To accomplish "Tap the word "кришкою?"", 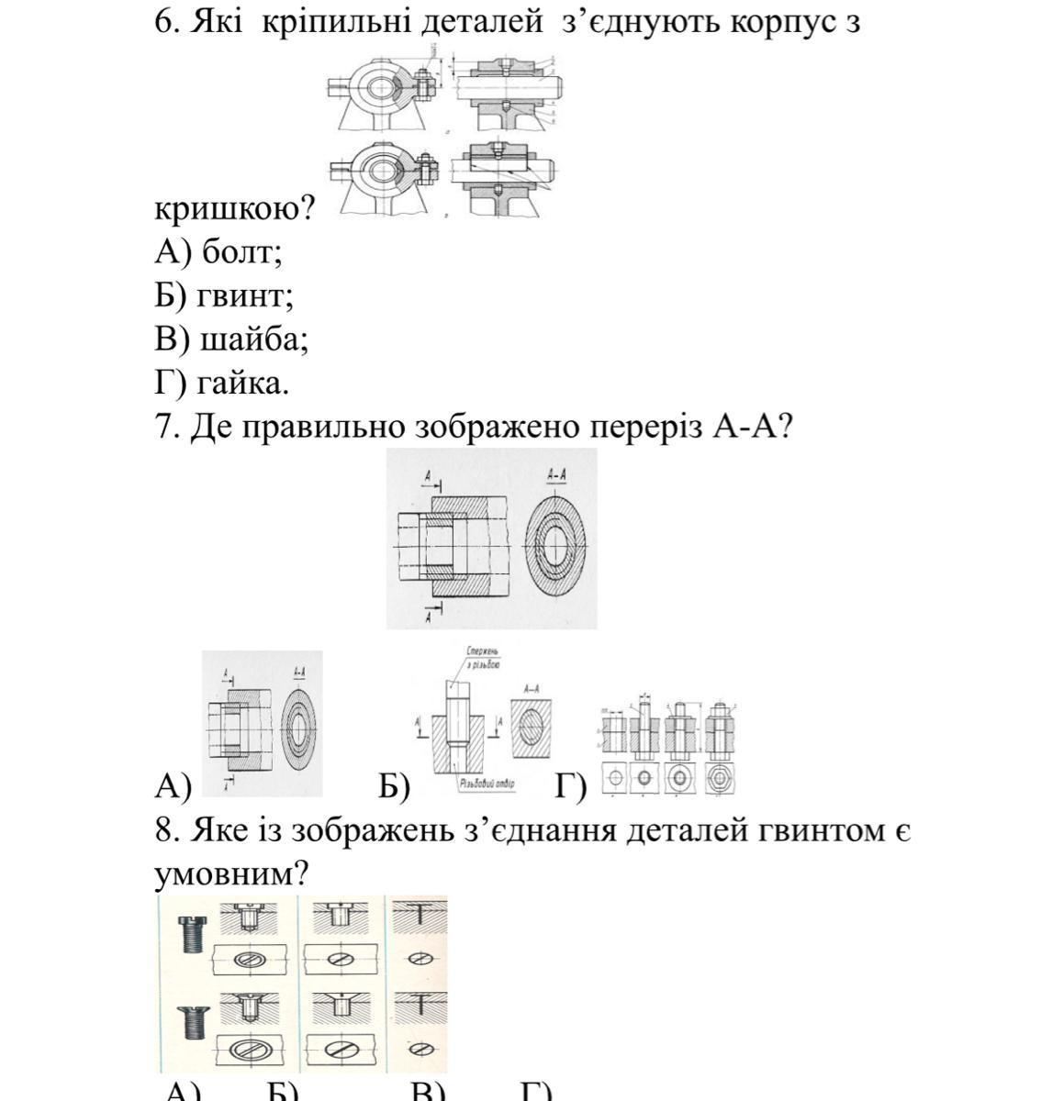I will (234, 209).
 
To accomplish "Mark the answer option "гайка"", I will (242, 384).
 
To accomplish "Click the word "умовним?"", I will (229, 874).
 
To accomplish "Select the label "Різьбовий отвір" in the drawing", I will (487, 784).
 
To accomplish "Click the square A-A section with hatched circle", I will (531, 730).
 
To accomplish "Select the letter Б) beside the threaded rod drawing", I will (394, 786).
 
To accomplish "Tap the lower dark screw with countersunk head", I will (194, 1020).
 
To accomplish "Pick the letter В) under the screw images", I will (428, 1092).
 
